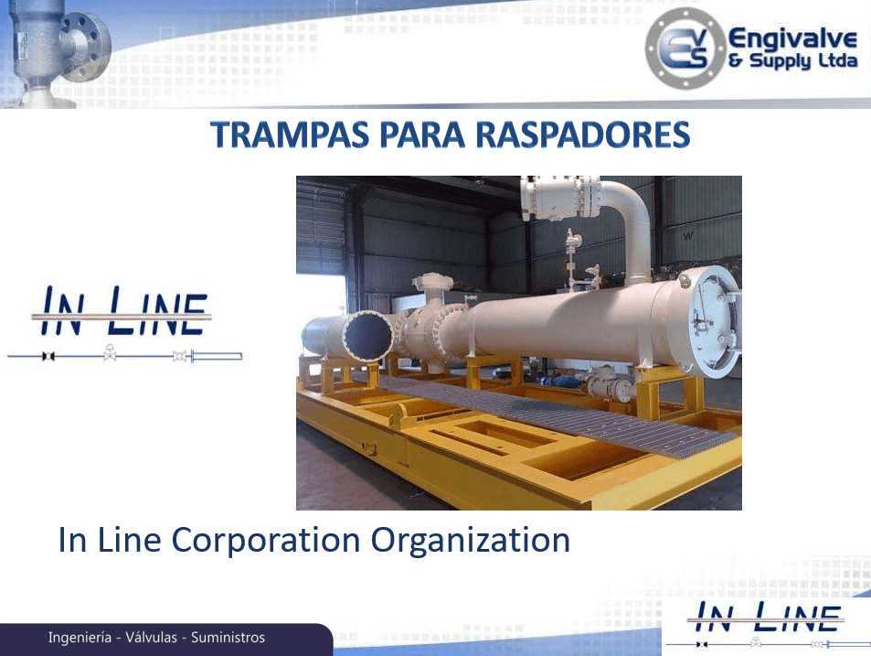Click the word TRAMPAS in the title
tap(290, 134)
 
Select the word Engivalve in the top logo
tap(792, 39)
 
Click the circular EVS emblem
tap(685, 48)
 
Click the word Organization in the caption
tap(471, 541)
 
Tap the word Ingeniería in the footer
tap(80, 638)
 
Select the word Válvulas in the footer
tap(151, 637)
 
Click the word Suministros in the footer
tap(228, 637)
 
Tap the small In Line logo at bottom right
tap(767, 624)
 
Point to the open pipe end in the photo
tap(367, 337)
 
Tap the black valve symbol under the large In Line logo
tap(48, 356)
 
